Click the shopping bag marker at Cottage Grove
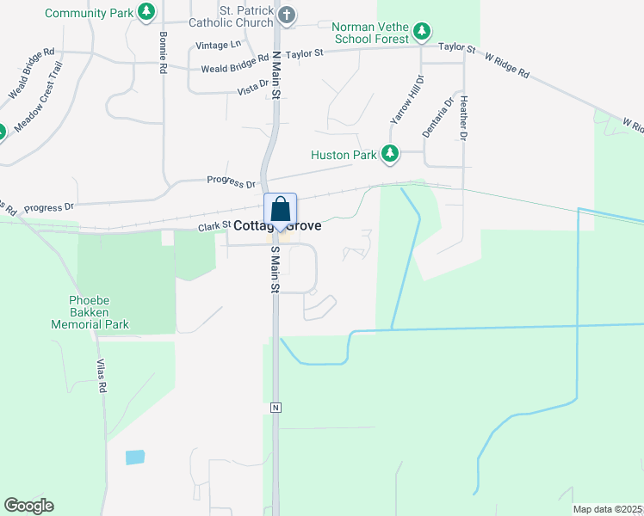pyautogui.click(x=280, y=210)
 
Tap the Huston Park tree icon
pyautogui.click(x=391, y=154)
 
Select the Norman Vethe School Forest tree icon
pyautogui.click(x=421, y=32)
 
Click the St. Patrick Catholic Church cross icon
pyautogui.click(x=288, y=15)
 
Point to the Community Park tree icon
pyautogui.click(x=147, y=11)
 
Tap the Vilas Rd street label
pyautogui.click(x=101, y=375)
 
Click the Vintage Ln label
pyautogui.click(x=219, y=45)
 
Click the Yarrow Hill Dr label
pyautogui.click(x=407, y=100)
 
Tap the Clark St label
pyautogui.click(x=214, y=225)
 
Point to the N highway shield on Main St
pyautogui.click(x=276, y=406)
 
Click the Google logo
pyautogui.click(x=28, y=506)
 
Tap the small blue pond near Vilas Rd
pyautogui.click(x=135, y=457)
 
